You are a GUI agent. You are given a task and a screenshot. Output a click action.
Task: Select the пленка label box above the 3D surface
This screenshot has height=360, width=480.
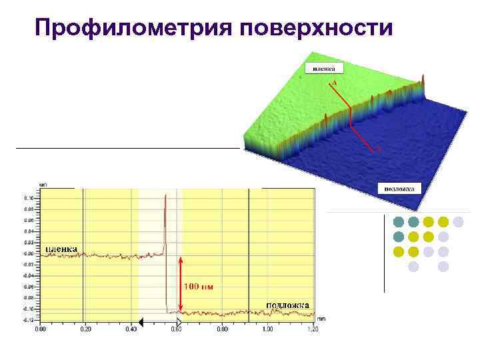[325, 67]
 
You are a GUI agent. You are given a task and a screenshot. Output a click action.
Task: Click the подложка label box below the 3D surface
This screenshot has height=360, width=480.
[399, 189]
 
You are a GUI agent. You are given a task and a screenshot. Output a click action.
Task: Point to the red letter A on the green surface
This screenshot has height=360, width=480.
[334, 81]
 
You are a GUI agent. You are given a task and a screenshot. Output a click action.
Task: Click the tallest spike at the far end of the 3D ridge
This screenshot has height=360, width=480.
[421, 79]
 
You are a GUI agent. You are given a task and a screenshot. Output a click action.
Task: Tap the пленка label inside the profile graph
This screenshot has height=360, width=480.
[61, 249]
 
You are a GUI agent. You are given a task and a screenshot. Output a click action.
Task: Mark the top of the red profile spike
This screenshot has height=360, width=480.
[165, 195]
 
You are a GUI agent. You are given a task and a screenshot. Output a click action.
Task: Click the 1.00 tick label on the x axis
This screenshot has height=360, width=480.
[267, 329]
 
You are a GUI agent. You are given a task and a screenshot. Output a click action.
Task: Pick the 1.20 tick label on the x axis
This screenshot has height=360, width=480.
[312, 329]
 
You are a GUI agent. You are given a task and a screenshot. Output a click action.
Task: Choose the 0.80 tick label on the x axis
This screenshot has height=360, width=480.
[222, 329]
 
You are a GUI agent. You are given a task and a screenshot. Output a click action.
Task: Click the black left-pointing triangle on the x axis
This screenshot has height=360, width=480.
[141, 322]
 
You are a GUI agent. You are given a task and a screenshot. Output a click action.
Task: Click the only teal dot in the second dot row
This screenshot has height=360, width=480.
[398, 237]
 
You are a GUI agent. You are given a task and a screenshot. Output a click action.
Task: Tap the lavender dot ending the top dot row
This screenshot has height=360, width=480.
[459, 222]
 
